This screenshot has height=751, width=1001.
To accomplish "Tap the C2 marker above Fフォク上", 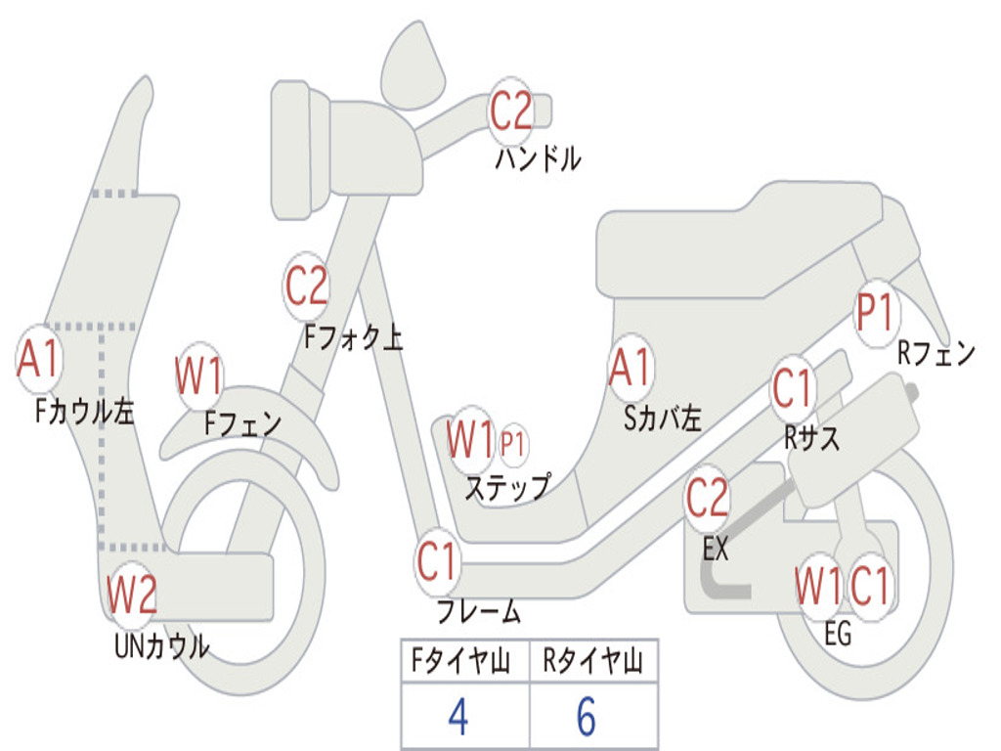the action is tap(306, 287).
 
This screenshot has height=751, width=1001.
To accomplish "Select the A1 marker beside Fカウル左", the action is tap(38, 358).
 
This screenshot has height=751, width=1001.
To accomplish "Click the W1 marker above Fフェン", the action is tap(198, 376).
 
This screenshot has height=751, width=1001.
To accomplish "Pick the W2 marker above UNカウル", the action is tap(131, 594).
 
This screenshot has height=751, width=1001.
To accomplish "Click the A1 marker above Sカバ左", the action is tap(631, 368).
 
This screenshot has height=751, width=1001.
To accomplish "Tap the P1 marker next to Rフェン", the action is tap(876, 313).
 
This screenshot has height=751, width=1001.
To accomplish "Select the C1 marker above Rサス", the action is tap(792, 388).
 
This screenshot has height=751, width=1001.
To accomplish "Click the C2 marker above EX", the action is tap(707, 498).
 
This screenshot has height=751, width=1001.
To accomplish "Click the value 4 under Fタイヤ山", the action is tap(458, 716).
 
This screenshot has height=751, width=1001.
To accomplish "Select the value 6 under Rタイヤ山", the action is tap(587, 716).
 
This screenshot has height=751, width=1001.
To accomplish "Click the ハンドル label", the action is tap(538, 158).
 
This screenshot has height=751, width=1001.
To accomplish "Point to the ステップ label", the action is tap(507, 487).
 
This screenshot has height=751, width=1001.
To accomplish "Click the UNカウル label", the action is tap(161, 646).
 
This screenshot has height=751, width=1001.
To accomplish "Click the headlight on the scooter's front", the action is tap(301, 151).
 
